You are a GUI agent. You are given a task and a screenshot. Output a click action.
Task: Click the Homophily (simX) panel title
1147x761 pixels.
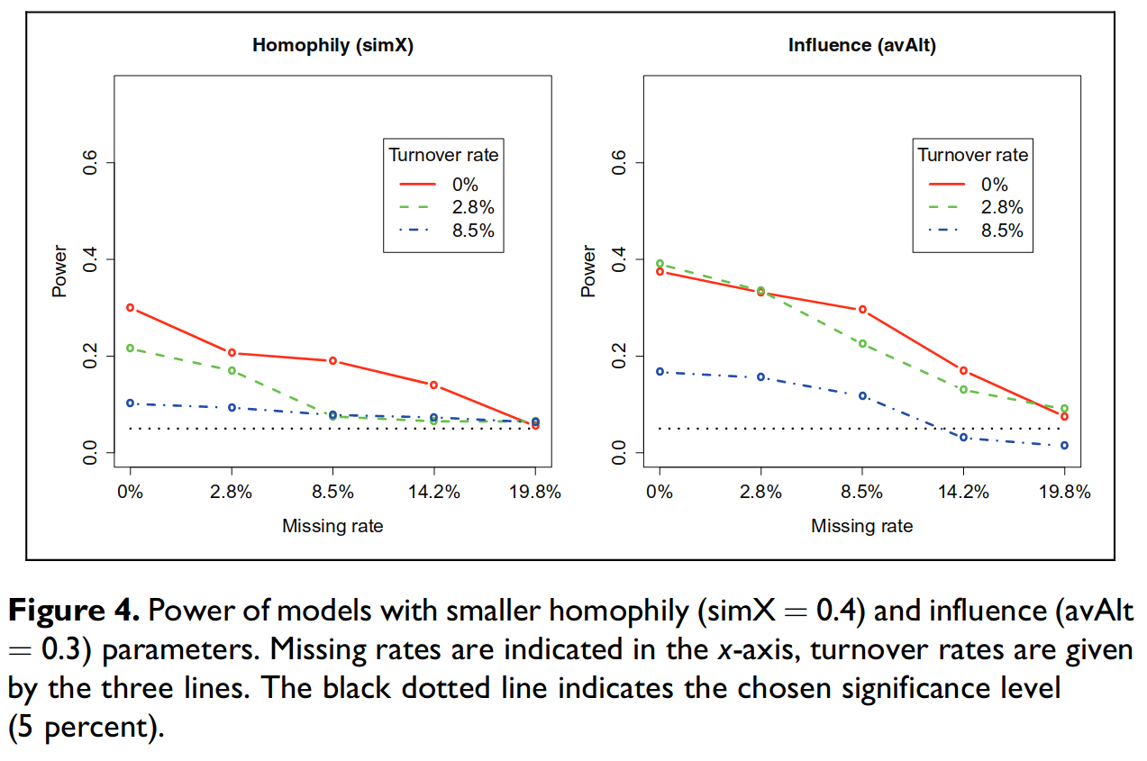(332, 45)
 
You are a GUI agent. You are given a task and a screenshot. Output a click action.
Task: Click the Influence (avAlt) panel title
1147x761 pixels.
(861, 45)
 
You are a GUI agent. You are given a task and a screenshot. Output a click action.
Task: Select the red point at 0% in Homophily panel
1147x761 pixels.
(131, 308)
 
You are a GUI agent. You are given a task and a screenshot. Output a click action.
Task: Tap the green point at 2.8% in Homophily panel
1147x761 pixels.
(232, 370)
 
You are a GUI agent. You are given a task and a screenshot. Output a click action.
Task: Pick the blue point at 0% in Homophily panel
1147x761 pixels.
(131, 403)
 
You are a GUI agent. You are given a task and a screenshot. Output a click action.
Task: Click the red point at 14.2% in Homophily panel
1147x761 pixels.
(434, 385)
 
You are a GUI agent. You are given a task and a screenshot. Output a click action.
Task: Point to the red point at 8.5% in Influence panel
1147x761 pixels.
(862, 310)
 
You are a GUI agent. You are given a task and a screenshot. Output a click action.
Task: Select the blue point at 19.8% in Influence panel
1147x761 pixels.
(1064, 445)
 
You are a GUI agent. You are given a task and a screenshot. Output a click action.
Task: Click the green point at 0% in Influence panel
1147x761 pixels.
(660, 264)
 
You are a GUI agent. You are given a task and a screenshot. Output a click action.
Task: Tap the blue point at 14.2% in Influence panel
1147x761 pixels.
(963, 437)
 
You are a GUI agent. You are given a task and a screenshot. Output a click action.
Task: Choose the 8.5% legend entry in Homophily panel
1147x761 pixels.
(473, 230)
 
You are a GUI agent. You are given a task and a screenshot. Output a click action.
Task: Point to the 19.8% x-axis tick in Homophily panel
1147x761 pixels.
(535, 493)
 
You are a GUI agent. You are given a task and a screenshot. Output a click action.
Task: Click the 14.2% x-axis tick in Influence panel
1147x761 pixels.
(963, 493)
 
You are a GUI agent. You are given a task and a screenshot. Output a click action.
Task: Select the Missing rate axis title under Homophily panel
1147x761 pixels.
(332, 526)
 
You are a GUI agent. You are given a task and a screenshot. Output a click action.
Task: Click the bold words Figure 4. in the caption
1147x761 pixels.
(74, 612)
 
